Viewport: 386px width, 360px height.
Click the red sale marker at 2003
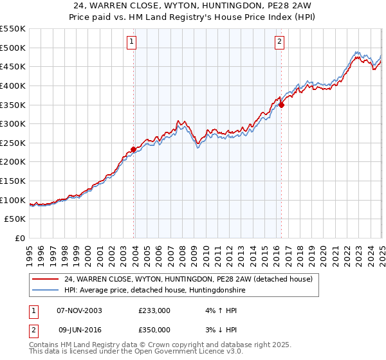coord(133,149)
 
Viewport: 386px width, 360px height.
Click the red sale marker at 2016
coord(281,105)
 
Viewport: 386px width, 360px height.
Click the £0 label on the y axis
coord(19,239)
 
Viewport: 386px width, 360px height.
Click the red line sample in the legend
coord(46,279)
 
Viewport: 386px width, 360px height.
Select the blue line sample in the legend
coord(46,291)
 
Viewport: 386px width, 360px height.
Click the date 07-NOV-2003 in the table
coord(79,310)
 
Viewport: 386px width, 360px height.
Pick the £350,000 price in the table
coord(154,330)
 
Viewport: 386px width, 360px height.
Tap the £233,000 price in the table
coord(154,310)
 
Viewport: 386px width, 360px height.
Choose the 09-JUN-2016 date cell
coord(79,330)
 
